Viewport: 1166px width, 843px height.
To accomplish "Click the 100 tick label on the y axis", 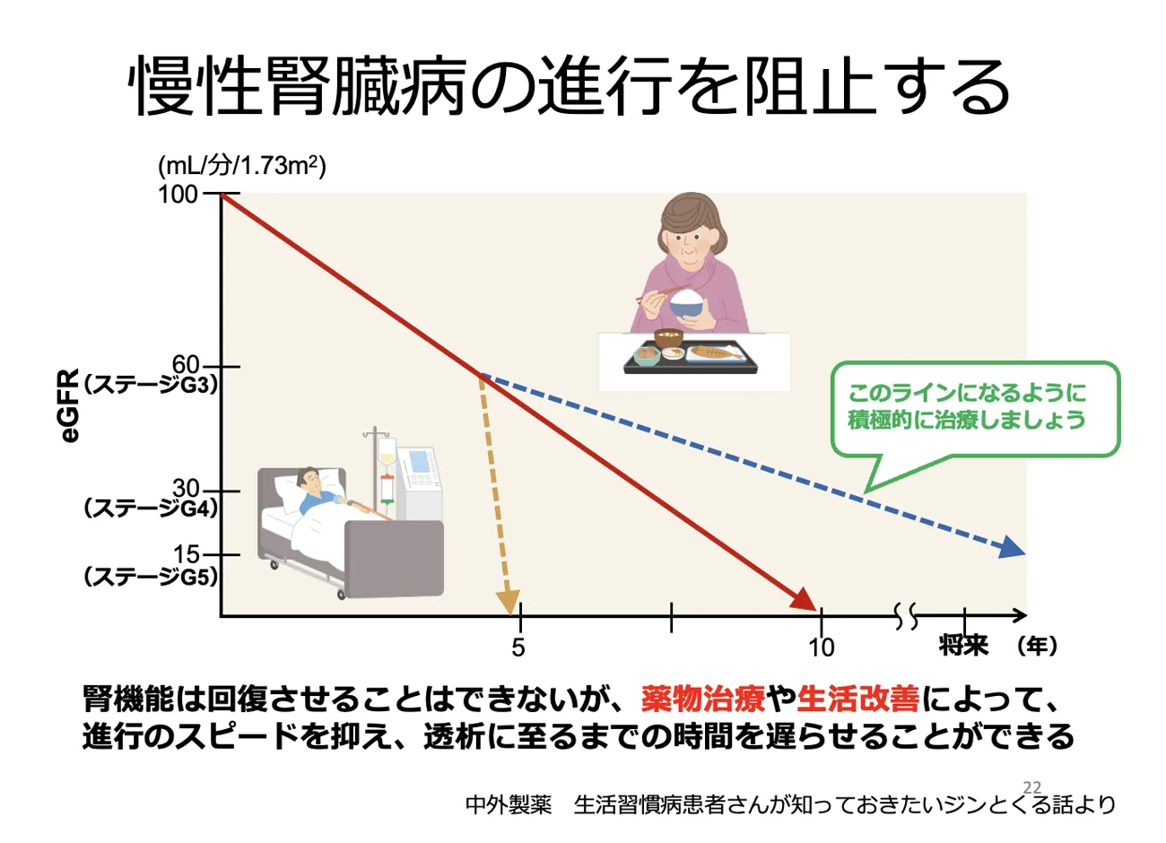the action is pyautogui.click(x=178, y=195).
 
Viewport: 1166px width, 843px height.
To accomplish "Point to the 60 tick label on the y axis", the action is pyautogui.click(x=186, y=365).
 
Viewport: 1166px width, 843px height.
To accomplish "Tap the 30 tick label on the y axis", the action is pyautogui.click(x=186, y=489).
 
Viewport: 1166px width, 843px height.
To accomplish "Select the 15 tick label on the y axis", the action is pyautogui.click(x=187, y=554).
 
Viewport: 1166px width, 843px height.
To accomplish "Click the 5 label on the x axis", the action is pyautogui.click(x=518, y=647).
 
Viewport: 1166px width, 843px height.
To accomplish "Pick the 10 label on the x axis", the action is pyautogui.click(x=821, y=647).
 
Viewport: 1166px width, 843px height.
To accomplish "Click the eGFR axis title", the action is pyautogui.click(x=70, y=406).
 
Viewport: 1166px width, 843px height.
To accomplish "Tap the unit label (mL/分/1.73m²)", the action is pyautogui.click(x=242, y=166).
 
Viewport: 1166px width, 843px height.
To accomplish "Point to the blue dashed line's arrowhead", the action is pyautogui.click(x=1012, y=548).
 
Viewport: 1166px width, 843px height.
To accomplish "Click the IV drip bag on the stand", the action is pyautogui.click(x=387, y=451).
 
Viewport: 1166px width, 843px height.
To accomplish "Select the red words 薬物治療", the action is pyautogui.click(x=702, y=699).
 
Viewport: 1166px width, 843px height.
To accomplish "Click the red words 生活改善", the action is pyautogui.click(x=857, y=699).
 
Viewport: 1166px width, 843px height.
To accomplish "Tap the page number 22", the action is pyautogui.click(x=1032, y=787).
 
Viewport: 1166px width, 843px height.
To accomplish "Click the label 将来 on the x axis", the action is pyautogui.click(x=963, y=646).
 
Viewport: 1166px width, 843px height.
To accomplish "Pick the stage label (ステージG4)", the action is pyautogui.click(x=151, y=508).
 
